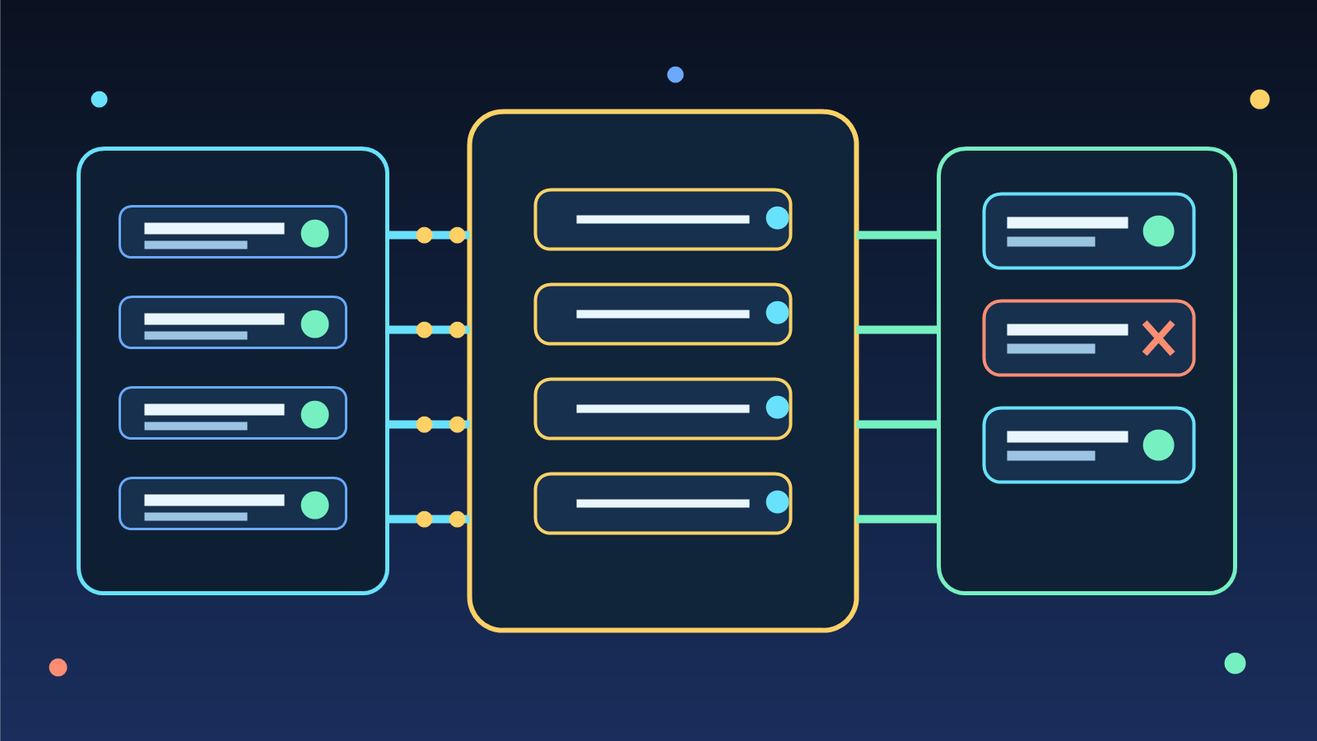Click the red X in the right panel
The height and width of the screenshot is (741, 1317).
(x=1158, y=338)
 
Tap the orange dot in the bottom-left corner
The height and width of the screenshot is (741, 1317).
(x=58, y=667)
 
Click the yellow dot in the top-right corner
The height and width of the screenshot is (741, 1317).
(x=1259, y=100)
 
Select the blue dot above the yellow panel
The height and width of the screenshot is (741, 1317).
(x=675, y=75)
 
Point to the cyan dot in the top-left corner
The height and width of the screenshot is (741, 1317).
(x=99, y=100)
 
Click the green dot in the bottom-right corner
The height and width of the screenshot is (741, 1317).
(x=1235, y=663)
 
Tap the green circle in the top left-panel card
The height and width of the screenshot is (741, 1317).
(x=314, y=233)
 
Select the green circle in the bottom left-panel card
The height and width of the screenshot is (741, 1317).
(x=314, y=505)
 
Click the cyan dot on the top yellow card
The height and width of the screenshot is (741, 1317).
(x=777, y=217)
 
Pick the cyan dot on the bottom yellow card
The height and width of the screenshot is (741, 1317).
(x=777, y=501)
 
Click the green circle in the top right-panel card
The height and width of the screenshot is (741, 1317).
(x=1158, y=231)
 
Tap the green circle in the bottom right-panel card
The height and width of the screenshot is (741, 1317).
(x=1158, y=445)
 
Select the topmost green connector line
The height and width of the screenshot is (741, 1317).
(x=897, y=235)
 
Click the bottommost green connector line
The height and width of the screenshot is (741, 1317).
(x=897, y=519)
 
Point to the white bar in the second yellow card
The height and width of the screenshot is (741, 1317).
(x=663, y=314)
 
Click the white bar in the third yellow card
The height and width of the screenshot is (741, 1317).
(x=663, y=408)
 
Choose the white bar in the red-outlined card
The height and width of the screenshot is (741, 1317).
(x=1067, y=329)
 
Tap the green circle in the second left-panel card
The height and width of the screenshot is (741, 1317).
(x=314, y=324)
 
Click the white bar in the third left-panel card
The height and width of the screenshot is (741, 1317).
(x=214, y=409)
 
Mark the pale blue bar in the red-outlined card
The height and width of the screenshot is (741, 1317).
(x=1050, y=348)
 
